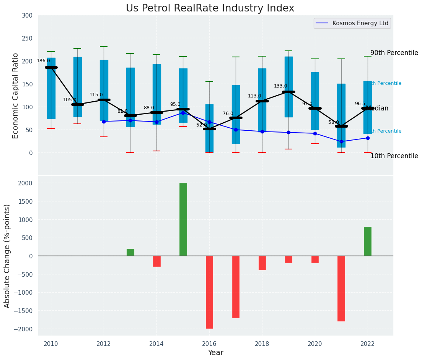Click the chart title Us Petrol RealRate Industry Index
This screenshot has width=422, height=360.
click(210, 8)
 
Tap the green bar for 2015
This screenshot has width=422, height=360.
click(183, 219)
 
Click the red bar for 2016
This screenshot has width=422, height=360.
click(209, 292)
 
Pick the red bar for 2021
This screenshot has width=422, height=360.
click(341, 288)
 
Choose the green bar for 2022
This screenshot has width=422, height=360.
click(368, 242)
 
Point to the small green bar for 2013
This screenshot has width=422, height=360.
click(130, 252)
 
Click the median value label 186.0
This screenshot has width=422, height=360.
click(43, 61)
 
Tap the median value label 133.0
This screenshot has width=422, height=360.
click(280, 86)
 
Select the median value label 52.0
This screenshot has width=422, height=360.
click(202, 125)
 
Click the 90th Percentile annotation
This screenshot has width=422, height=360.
click(394, 53)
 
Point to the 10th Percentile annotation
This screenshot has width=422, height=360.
click(394, 156)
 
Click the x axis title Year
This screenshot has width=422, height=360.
click(215, 353)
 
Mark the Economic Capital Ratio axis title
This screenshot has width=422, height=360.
click(16, 96)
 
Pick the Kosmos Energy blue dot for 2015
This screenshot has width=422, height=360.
click(183, 113)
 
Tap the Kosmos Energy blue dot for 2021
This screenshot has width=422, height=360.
click(341, 141)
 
